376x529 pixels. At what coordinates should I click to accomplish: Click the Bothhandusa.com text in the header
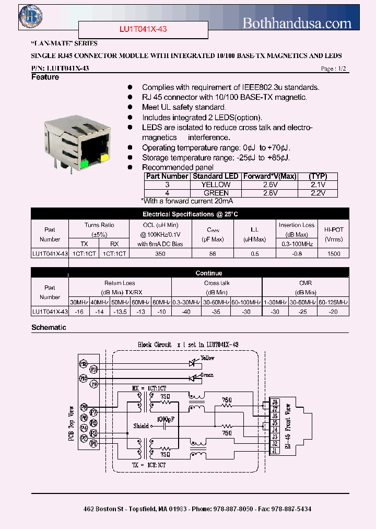(x=297, y=22)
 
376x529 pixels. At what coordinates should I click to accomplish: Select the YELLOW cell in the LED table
(x=216, y=185)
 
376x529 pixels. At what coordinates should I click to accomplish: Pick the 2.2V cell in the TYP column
(x=318, y=193)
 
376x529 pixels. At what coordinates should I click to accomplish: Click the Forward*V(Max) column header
(x=269, y=176)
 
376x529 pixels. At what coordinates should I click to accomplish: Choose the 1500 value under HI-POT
(x=334, y=254)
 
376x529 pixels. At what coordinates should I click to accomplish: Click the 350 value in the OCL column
(x=160, y=254)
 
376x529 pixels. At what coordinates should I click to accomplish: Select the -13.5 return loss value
(x=120, y=312)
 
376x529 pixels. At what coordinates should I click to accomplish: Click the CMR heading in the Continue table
(x=305, y=283)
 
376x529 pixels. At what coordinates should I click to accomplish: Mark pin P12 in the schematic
(x=83, y=363)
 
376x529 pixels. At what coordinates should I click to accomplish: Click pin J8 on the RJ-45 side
(x=275, y=402)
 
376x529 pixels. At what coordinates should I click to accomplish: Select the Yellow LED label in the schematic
(x=207, y=358)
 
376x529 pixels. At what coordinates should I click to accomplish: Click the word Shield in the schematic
(x=141, y=425)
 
